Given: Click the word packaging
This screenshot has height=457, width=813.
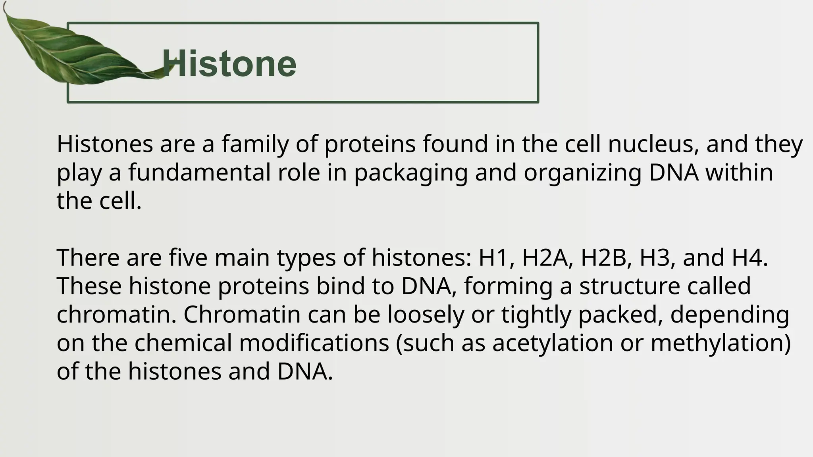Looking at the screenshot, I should (411, 174).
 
